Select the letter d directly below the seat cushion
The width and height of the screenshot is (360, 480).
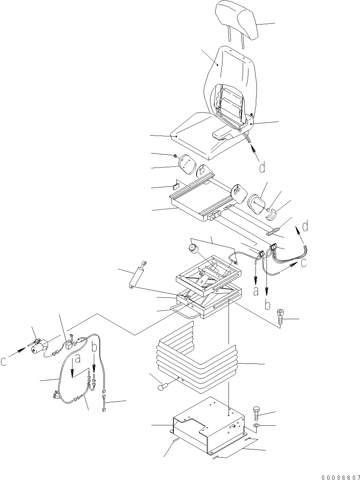pos(262,167)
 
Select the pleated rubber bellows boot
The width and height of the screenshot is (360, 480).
pos(195,359)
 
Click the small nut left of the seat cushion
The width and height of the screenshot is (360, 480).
pos(176,156)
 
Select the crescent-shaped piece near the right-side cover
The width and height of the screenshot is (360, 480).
pos(273,213)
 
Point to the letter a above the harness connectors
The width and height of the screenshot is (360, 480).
pos(78,359)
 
